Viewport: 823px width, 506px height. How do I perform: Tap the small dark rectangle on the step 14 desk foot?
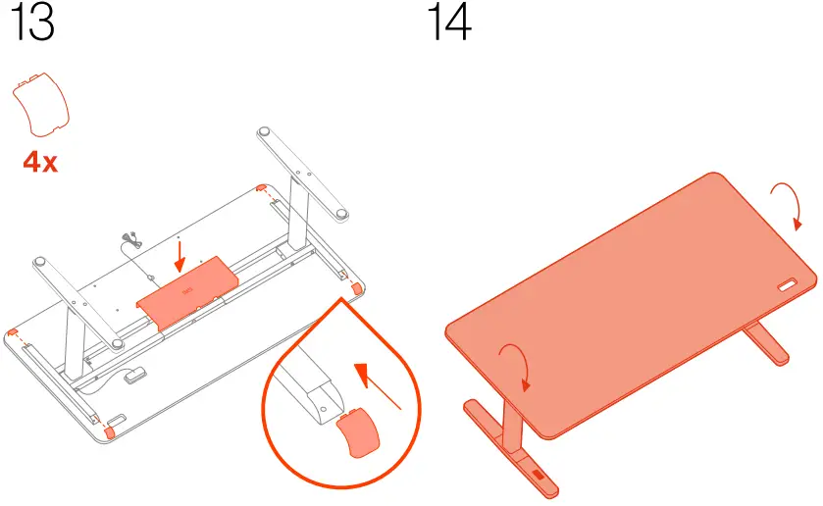pos(539,476)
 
